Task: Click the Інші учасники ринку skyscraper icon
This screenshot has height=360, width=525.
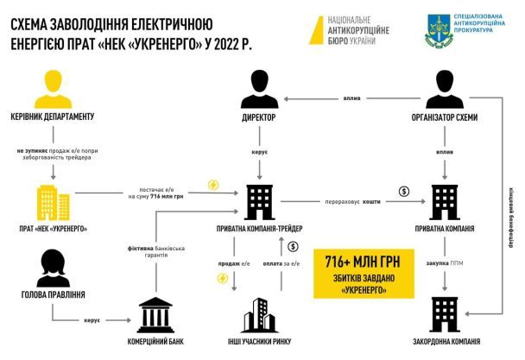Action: [258, 314]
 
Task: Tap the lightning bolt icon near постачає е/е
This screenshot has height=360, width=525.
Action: [212, 185]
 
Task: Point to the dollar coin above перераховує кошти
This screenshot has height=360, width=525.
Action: [402, 192]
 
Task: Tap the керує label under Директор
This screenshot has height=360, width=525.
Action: [258, 151]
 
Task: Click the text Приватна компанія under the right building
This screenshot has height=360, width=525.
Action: [446, 230]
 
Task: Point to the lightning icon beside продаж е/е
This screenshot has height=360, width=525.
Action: [223, 278]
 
